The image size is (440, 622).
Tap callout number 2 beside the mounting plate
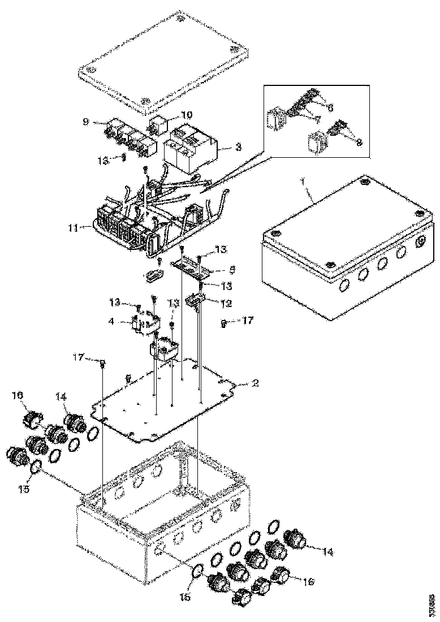click(x=255, y=383)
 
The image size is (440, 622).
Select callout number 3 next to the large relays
click(x=238, y=146)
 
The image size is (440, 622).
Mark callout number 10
click(x=187, y=114)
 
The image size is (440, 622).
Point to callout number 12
click(x=226, y=303)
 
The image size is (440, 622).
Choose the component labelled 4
click(x=146, y=323)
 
